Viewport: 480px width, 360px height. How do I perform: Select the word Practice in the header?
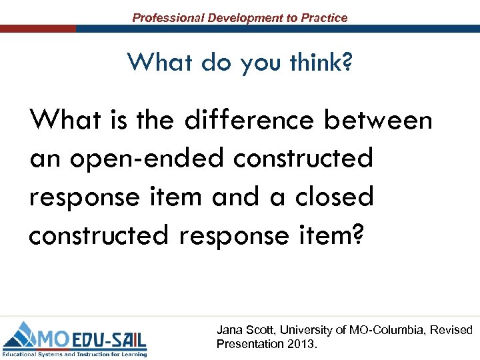click(324, 18)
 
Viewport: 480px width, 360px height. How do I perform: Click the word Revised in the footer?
click(451, 331)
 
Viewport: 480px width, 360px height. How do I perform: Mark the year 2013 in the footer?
click(301, 345)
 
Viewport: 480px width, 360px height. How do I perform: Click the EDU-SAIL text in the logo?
click(109, 334)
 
